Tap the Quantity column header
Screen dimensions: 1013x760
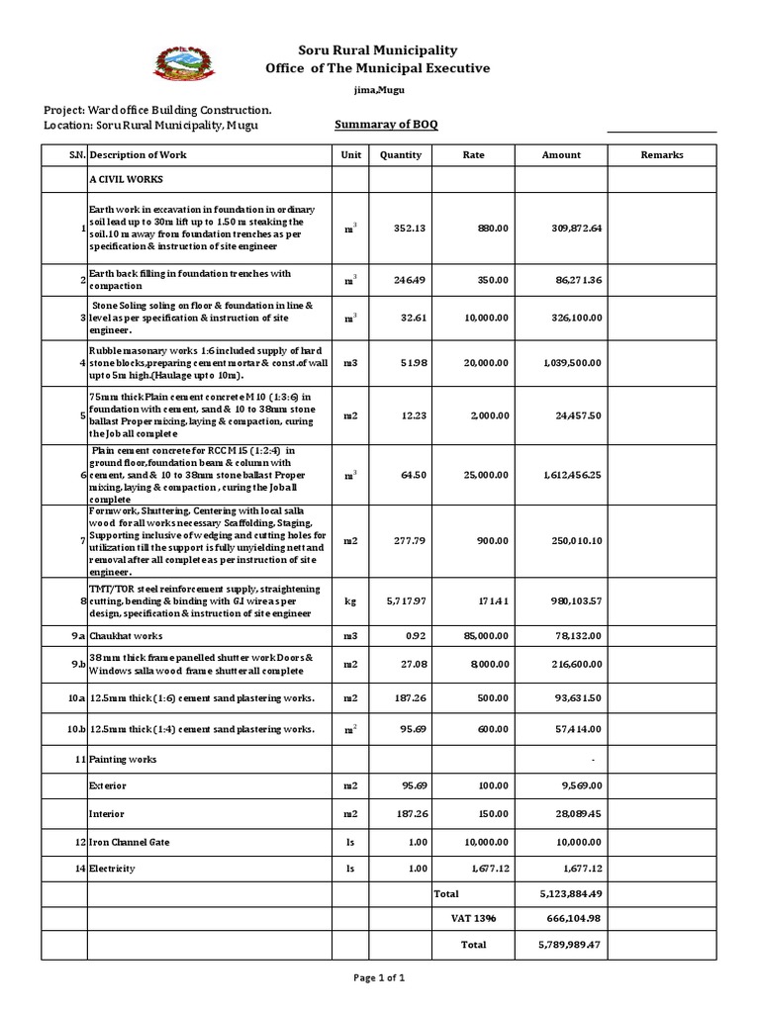pyautogui.click(x=400, y=155)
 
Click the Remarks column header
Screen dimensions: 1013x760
pyautogui.click(x=662, y=155)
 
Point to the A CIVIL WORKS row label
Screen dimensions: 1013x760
pyautogui.click(x=126, y=180)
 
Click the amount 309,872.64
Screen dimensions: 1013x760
pyautogui.click(x=576, y=229)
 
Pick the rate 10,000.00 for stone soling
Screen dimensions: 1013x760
pyautogui.click(x=485, y=319)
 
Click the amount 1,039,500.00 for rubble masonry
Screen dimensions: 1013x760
pyautogui.click(x=572, y=363)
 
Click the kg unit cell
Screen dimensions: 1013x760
pyautogui.click(x=350, y=601)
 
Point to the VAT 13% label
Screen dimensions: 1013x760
pyautogui.click(x=473, y=919)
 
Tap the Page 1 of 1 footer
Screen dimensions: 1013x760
pyautogui.click(x=379, y=978)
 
